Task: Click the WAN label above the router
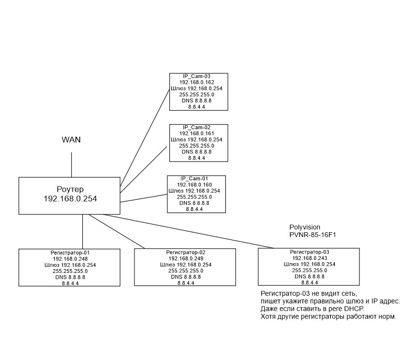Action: coord(71,140)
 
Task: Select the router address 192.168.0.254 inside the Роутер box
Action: coord(70,198)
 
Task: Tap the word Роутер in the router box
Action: coord(70,188)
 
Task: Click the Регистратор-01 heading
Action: coord(70,253)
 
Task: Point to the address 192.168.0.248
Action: coord(70,259)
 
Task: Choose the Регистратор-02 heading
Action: coord(186,253)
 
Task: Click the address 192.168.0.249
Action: coord(186,259)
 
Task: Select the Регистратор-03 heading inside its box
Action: coord(309,252)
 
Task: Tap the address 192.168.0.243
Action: coord(309,258)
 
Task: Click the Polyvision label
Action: coord(305,227)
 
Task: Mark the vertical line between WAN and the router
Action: coord(72,165)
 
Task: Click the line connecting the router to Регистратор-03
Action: coord(193,233)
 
